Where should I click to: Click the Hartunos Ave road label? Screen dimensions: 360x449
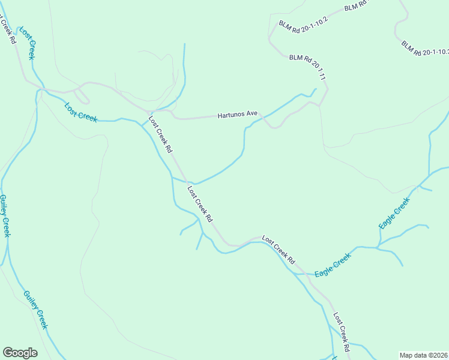pyautogui.click(x=237, y=113)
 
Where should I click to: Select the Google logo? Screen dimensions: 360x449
pyautogui.click(x=20, y=353)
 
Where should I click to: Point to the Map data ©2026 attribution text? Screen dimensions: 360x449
pyautogui.click(x=423, y=355)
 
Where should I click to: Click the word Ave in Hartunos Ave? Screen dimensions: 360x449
pyautogui.click(x=251, y=113)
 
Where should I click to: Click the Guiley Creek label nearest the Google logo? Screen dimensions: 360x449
pyautogui.click(x=35, y=309)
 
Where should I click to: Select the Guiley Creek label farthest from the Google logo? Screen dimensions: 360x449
pyautogui.click(x=5, y=215)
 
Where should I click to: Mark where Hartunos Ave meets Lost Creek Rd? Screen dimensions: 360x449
pyautogui.click(x=149, y=112)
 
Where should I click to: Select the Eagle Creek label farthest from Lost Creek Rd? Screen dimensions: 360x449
pyautogui.click(x=394, y=213)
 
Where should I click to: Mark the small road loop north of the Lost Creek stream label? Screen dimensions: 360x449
pyautogui.click(x=82, y=96)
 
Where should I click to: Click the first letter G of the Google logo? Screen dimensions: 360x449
pyautogui.click(x=8, y=352)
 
